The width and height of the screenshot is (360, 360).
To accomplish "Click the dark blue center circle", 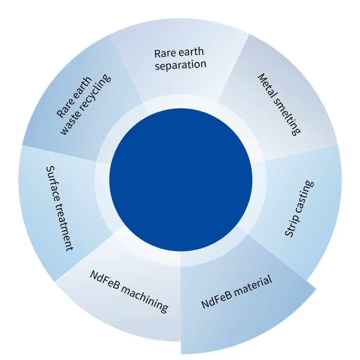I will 181,179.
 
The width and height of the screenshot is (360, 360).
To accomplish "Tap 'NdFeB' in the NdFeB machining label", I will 105,280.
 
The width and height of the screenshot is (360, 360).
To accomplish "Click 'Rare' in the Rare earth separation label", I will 164,53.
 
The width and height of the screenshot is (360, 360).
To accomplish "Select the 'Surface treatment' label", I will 59,208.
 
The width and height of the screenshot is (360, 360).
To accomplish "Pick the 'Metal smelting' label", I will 278,104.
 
